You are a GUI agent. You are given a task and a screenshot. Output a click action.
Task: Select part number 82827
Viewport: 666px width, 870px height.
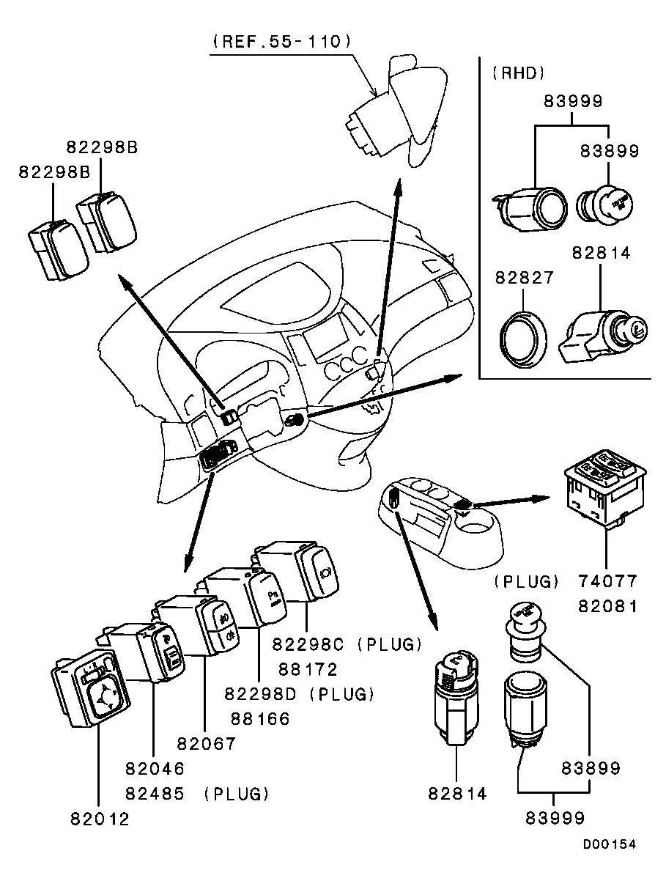[x=525, y=279]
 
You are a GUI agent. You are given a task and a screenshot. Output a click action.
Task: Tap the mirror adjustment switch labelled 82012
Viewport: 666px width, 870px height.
[x=91, y=688]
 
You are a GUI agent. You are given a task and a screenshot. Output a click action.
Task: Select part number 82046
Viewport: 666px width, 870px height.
[x=154, y=769]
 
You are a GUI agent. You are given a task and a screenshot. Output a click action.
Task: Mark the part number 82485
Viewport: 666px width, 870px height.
[x=154, y=794]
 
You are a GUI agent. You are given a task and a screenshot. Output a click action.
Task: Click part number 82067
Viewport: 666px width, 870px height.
[x=206, y=744]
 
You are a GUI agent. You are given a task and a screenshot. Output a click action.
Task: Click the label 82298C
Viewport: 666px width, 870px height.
[x=308, y=644]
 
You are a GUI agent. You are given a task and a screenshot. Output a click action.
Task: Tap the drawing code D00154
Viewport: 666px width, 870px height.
[x=609, y=844]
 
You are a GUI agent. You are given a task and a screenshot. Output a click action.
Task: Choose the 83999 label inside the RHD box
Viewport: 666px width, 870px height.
[x=573, y=102]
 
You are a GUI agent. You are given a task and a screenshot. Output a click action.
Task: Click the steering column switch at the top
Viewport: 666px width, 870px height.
[x=396, y=110]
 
